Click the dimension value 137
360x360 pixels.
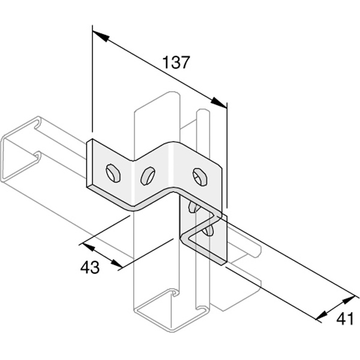click(x=176, y=62)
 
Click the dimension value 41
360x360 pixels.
click(x=344, y=319)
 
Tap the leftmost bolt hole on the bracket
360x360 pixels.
click(x=112, y=173)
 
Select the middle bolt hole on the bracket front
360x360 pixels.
click(x=148, y=175)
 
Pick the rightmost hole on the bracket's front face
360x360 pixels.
click(x=199, y=175)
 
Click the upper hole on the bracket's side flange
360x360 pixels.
click(x=193, y=207)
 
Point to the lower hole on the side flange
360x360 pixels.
click(x=208, y=230)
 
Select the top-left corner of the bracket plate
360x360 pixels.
click(x=90, y=142)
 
